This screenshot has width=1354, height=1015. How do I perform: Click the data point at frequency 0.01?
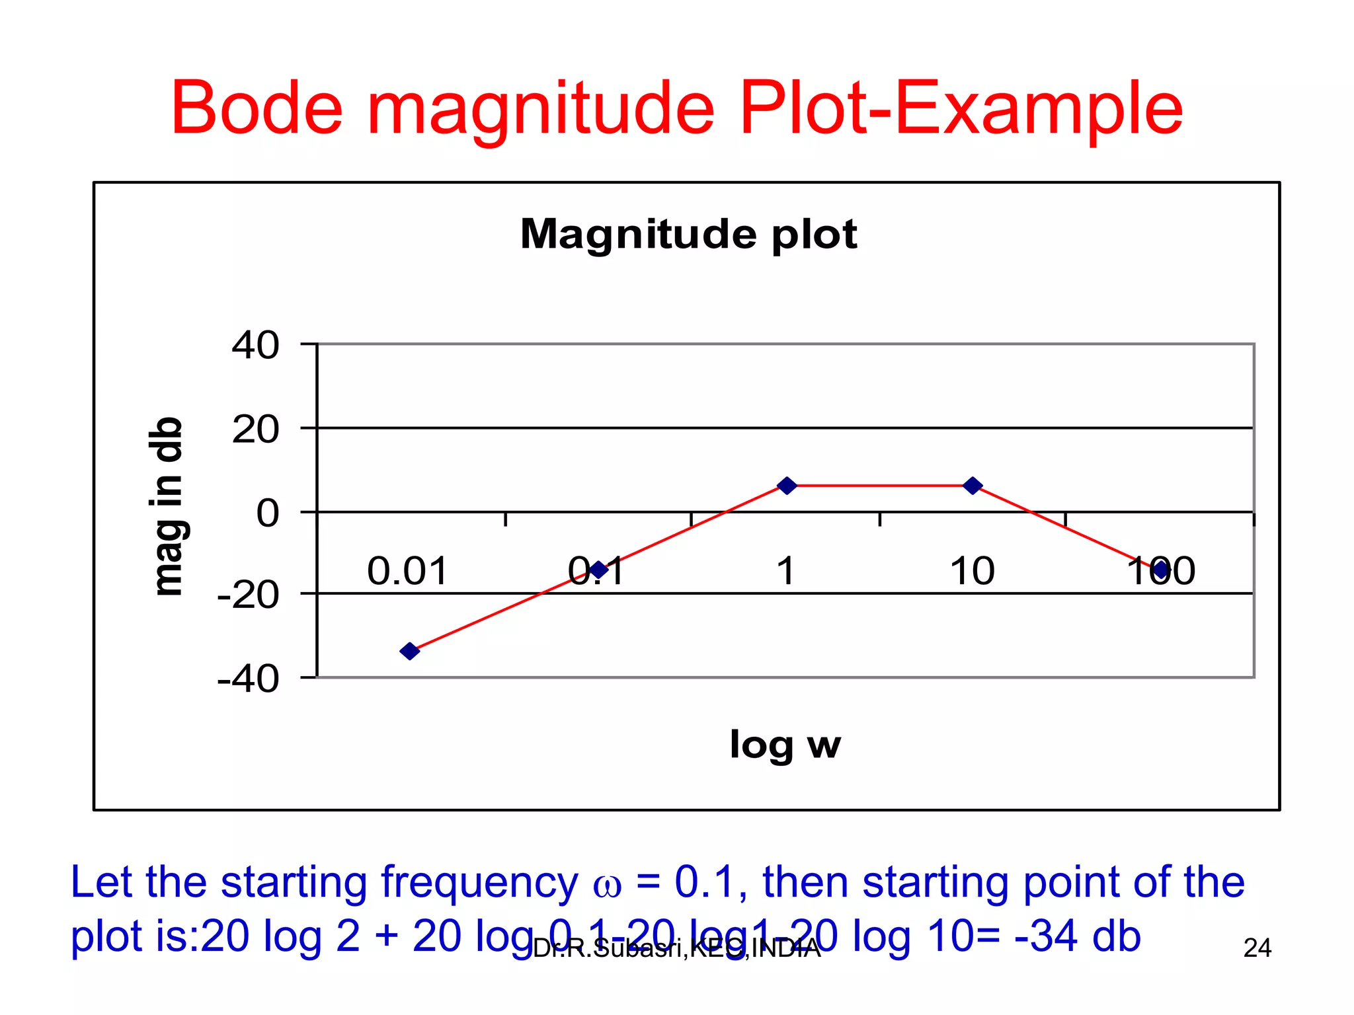point(410,651)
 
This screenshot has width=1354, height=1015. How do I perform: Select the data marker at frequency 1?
point(787,486)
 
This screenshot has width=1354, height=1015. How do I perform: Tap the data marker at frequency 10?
point(973,486)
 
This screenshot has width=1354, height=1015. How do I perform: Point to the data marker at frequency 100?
point(1162,569)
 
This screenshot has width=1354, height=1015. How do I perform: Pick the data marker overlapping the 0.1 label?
point(598,570)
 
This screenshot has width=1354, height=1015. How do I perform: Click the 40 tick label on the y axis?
point(255,345)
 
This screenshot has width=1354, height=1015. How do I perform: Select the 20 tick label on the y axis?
point(255,430)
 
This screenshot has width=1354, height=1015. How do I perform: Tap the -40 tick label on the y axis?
point(248,679)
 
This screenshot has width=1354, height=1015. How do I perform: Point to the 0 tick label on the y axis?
point(268,513)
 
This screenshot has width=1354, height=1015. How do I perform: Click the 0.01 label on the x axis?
point(407,571)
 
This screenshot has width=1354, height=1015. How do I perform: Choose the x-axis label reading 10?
point(972,571)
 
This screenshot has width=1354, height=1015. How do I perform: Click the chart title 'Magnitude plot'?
point(688,234)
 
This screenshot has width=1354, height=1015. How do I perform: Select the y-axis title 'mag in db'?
point(167,507)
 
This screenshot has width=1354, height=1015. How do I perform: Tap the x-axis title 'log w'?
point(785,745)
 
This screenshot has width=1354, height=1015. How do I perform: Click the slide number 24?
point(1257,948)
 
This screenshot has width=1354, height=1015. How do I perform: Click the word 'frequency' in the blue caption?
point(479,883)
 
